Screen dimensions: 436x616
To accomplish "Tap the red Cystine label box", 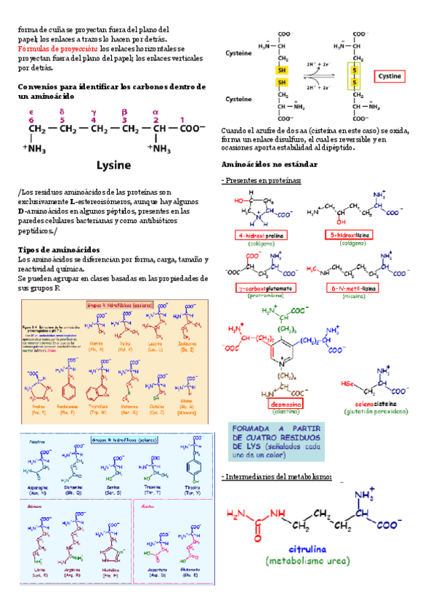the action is point(389,75).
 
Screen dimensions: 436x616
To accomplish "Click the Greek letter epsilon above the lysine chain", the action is point(31,112).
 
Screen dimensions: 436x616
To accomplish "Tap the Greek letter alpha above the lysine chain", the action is point(155,112).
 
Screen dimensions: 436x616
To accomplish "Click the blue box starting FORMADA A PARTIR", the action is point(274,439).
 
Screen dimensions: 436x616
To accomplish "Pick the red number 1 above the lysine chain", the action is point(182,120).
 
